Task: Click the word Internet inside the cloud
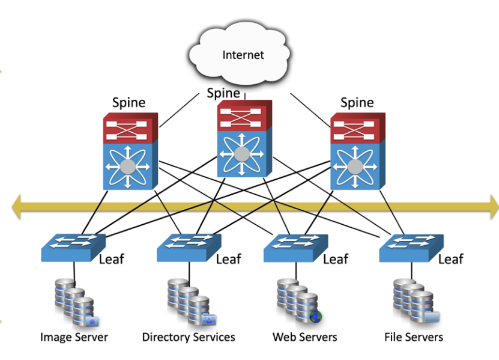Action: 243,55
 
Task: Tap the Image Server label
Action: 74,337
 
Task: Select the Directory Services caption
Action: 189,337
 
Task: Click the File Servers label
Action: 414,337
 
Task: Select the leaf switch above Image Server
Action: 71,246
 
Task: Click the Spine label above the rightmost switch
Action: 357,103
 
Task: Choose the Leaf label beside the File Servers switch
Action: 450,259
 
